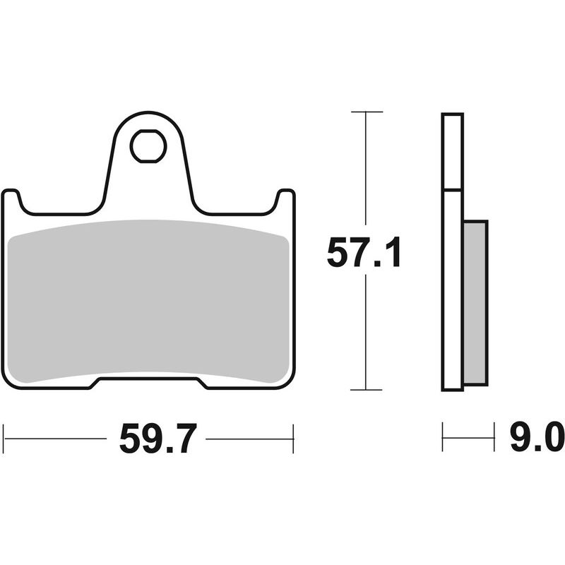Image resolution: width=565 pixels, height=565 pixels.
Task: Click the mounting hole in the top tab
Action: coord(148,146)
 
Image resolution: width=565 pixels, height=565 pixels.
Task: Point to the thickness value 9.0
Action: coord(537,439)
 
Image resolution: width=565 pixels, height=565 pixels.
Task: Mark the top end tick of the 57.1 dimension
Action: coord(366,112)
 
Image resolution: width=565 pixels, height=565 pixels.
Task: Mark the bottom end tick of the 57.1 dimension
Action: coord(366,389)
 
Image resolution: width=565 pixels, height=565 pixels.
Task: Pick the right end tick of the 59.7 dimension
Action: coord(292,439)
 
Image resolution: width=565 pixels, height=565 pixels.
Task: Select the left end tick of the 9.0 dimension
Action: coord(442,438)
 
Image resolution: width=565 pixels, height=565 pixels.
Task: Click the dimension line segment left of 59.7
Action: coord(56,439)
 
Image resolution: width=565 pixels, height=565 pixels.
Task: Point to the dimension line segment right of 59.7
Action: coord(247,439)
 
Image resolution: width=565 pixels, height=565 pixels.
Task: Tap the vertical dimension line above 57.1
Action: coord(366,169)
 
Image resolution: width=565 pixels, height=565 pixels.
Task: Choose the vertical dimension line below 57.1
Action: coord(366,332)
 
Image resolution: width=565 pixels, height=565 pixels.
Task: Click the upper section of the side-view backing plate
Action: coord(452,152)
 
